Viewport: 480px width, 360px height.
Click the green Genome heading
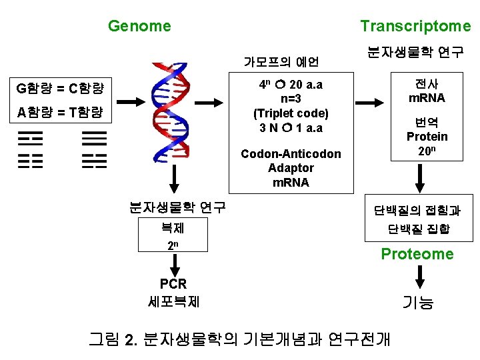(139, 26)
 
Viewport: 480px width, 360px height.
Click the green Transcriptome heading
(415, 26)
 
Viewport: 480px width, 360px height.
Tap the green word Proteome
(417, 254)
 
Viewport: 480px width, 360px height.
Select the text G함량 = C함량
(59, 88)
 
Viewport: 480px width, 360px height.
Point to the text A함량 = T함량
(59, 113)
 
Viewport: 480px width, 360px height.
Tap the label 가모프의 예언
(281, 62)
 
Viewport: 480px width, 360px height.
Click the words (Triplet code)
(291, 113)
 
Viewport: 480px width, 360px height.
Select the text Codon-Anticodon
(291, 154)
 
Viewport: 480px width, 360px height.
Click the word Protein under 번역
(427, 137)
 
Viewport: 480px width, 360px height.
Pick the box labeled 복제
(173, 228)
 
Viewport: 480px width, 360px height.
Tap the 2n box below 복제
(173, 245)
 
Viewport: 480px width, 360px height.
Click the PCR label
(173, 285)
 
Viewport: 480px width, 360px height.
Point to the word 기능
(418, 303)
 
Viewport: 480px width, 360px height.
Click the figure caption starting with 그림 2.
(239, 339)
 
